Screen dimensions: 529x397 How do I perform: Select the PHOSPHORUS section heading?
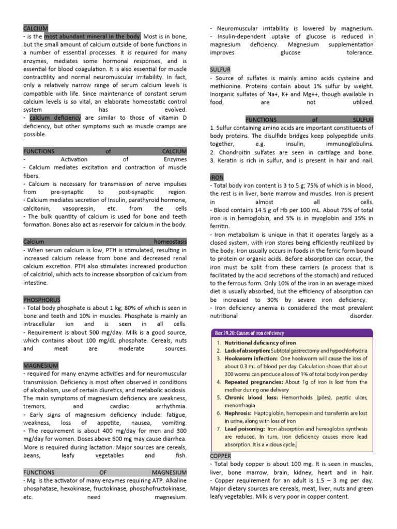(x=42, y=300)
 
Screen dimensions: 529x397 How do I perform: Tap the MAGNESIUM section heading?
(x=41, y=365)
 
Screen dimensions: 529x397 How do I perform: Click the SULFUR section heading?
(x=220, y=69)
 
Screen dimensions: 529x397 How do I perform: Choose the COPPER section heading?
(x=221, y=456)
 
